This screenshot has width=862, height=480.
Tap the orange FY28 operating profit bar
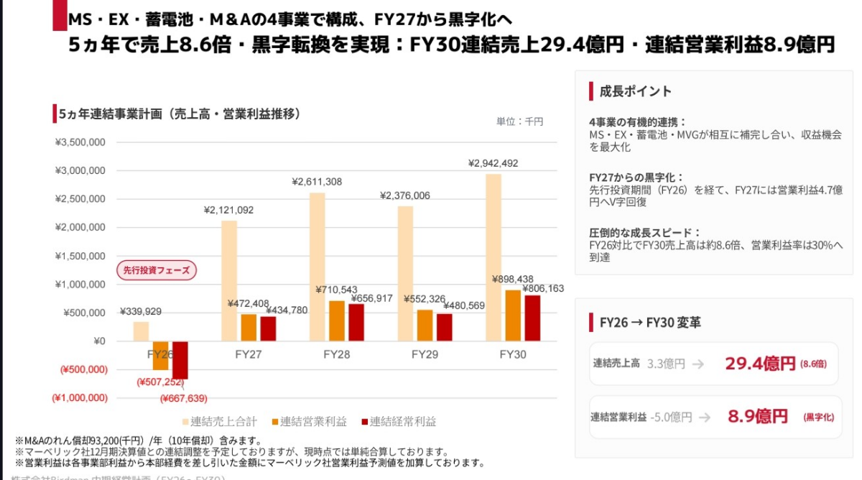point(336,320)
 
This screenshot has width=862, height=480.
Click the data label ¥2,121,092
point(228,210)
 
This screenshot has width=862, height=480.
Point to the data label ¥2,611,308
point(317,182)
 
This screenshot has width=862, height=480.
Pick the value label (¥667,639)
point(183,398)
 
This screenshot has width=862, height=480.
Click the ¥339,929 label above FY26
point(141,311)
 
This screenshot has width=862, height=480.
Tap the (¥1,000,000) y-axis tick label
point(79,397)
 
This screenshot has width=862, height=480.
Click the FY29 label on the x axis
point(424,354)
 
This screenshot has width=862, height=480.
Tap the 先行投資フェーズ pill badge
point(157,270)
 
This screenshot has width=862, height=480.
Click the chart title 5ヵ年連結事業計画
point(180,114)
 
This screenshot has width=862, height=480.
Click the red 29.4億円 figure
point(759,364)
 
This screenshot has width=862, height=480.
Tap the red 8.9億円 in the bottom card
point(757,416)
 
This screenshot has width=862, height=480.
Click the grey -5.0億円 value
point(671,417)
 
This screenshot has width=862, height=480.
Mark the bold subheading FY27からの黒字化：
point(636,177)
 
